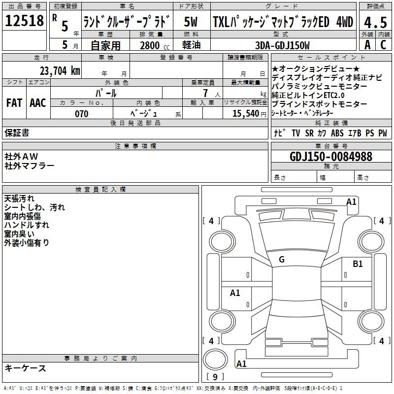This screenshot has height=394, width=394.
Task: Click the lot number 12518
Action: click(x=24, y=21)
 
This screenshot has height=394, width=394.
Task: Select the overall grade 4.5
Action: click(x=375, y=23)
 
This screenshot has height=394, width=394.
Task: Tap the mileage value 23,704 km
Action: click(x=60, y=71)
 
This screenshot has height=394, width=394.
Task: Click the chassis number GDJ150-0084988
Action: click(x=331, y=157)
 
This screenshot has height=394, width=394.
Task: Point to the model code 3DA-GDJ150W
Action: click(x=282, y=45)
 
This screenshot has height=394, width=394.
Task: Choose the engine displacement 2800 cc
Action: click(x=155, y=45)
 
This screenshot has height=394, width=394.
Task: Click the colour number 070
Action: click(x=82, y=114)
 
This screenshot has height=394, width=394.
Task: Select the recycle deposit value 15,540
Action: click(x=246, y=114)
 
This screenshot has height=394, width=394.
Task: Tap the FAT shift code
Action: click(x=14, y=103)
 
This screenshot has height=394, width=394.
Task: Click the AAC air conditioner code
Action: click(x=38, y=103)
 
